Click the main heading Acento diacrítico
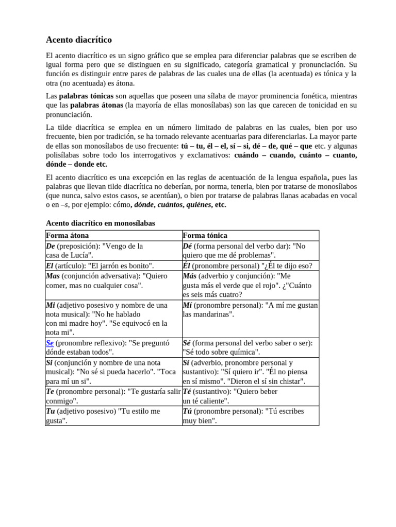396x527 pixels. (78, 40)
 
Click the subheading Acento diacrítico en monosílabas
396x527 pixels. (100, 223)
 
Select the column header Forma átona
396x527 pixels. (68, 236)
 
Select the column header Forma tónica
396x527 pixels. (205, 236)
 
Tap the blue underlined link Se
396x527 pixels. (49, 343)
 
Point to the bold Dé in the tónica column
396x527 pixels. (188, 247)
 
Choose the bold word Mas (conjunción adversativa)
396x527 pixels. (53, 276)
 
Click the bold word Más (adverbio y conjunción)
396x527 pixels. (190, 276)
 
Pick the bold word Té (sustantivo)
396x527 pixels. (188, 392)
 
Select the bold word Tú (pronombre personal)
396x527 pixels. (188, 411)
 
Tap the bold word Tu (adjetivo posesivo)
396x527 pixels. (51, 411)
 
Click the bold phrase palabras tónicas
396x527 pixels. (86, 96)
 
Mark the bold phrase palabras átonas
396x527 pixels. (96, 106)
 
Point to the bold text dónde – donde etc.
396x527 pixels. (76, 164)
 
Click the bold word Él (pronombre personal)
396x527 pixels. (187, 266)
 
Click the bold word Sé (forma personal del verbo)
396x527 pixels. (187, 343)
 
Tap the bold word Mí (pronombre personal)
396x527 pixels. (188, 305)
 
